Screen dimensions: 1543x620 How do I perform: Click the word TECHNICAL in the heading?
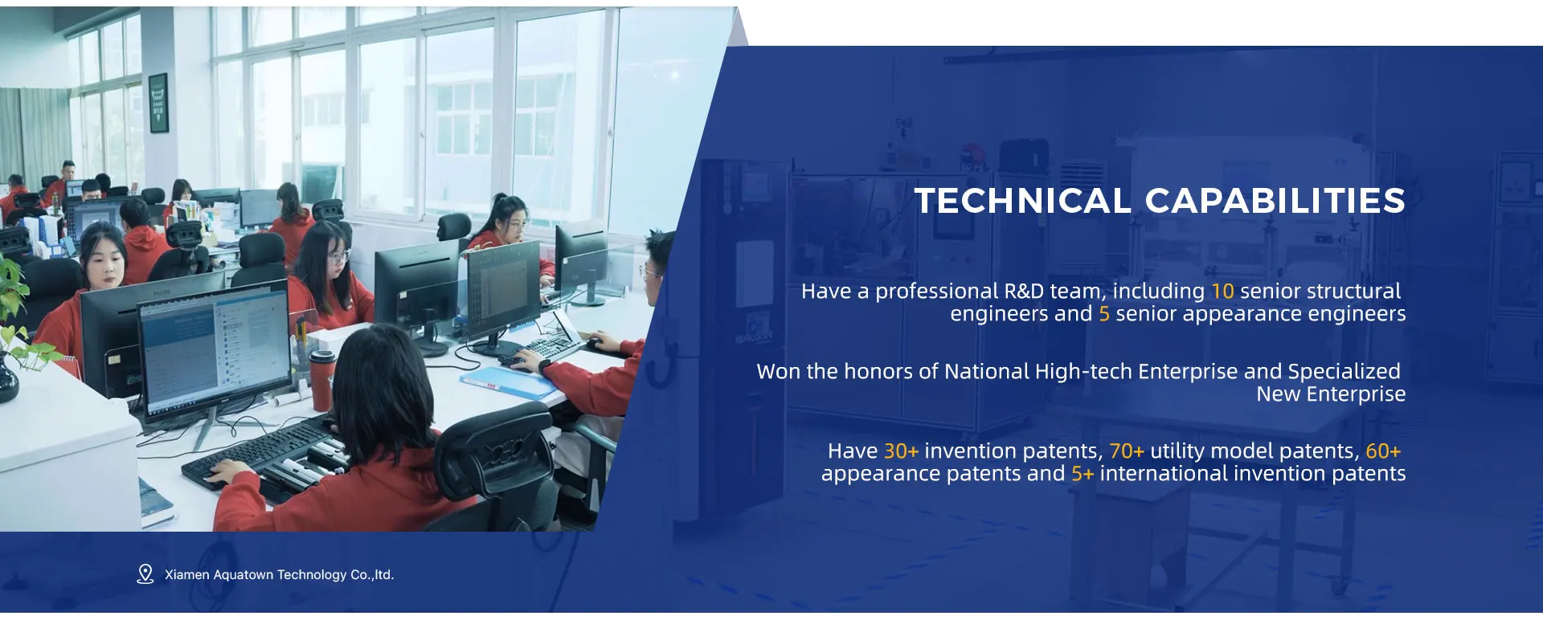click(x=1023, y=201)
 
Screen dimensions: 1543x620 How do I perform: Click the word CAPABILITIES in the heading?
click(x=1275, y=201)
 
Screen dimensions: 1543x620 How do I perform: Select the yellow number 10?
click(x=1222, y=291)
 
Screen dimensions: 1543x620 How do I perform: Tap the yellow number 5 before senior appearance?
click(x=1104, y=313)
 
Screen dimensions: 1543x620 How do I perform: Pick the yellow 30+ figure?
click(x=901, y=451)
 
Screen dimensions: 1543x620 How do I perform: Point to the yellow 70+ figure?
click(x=1127, y=451)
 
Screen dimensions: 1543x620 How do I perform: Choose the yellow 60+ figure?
click(x=1383, y=451)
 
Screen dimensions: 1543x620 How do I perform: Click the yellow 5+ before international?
click(x=1083, y=474)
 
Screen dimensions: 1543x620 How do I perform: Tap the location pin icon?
click(x=145, y=573)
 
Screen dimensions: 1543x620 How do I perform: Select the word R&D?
click(x=1025, y=291)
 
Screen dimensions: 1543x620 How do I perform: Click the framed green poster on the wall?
click(x=158, y=102)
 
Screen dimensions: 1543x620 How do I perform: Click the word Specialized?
click(x=1344, y=371)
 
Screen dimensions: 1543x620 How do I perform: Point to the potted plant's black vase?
click(x=8, y=379)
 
